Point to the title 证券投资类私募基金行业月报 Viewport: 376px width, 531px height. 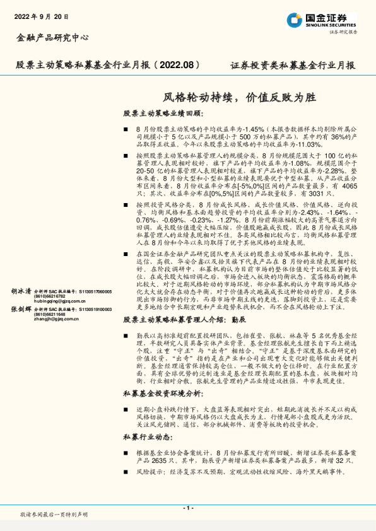(x=289, y=66)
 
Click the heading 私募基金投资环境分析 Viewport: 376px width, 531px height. (x=163, y=394)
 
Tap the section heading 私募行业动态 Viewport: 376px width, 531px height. (x=148, y=437)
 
